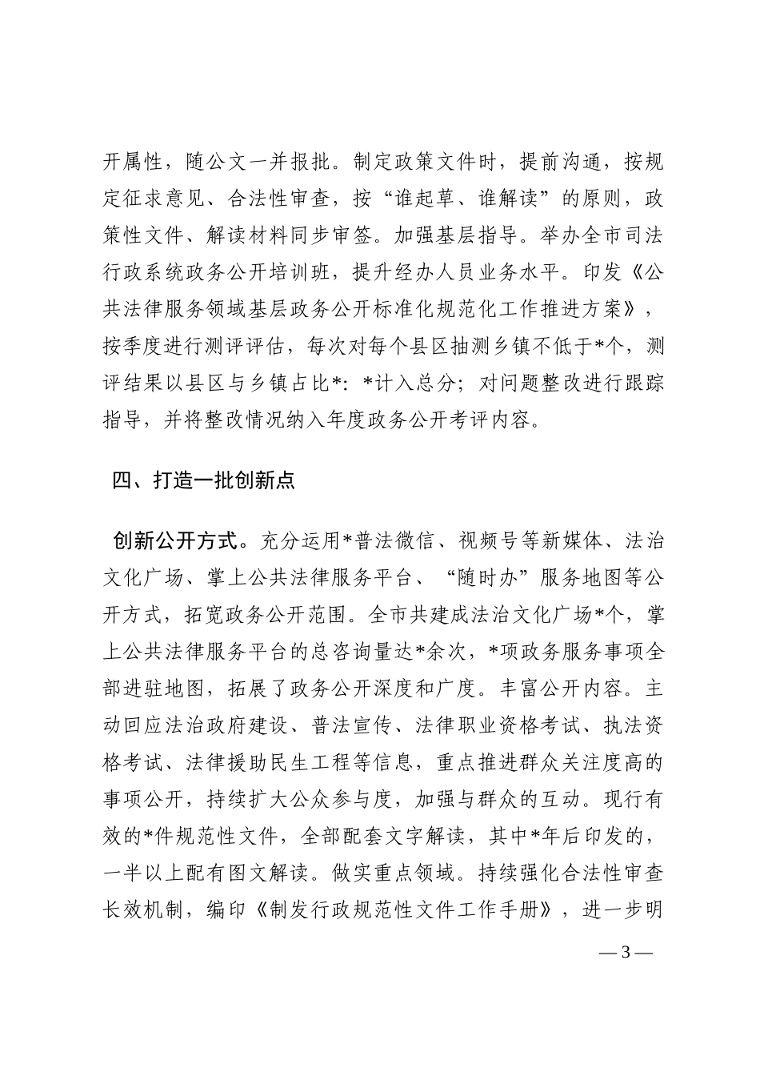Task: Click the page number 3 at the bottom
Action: (626, 953)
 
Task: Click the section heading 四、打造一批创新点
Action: (204, 480)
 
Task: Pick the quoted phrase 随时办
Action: (488, 579)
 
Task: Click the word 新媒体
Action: (574, 542)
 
